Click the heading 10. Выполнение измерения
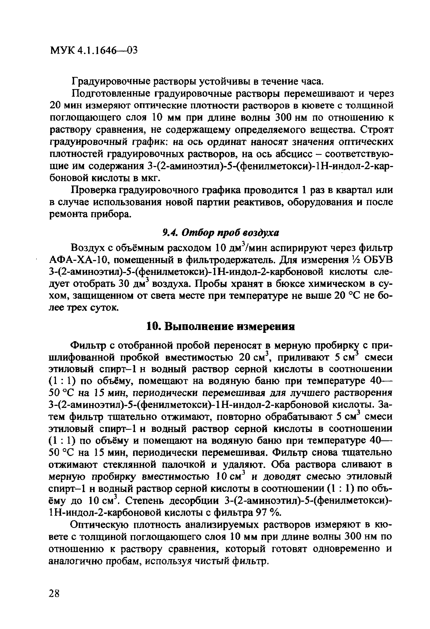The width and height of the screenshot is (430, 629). click(x=220, y=327)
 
